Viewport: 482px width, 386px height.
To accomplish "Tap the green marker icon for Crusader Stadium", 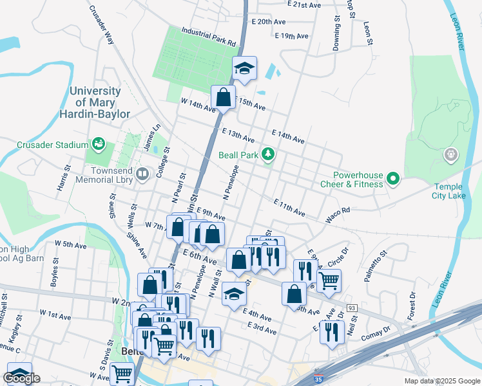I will point(99,142).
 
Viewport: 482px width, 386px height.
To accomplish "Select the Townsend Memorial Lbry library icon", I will point(142,173).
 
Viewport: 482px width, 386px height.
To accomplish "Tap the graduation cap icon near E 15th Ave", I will point(244,68).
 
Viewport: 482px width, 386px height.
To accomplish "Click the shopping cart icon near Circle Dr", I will point(329,280).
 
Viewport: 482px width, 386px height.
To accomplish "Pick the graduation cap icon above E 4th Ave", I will point(234,295).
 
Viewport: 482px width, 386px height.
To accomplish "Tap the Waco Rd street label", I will point(337,215).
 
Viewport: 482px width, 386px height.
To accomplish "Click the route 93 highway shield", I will point(351,309).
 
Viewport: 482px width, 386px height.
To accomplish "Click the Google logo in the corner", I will point(21,378).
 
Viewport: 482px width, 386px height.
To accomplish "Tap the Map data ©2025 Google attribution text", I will point(441,381).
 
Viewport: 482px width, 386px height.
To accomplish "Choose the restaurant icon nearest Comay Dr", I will point(332,332).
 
